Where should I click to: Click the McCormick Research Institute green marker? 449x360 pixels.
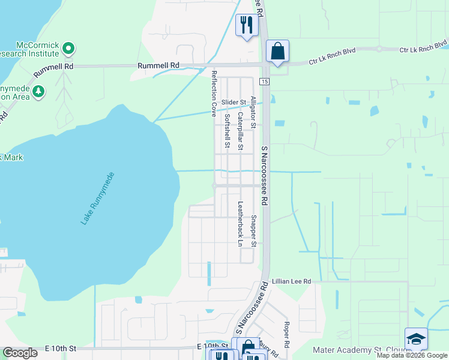click(68, 47)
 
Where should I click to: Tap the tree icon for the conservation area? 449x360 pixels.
click(38, 91)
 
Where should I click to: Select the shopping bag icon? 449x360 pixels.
click(277, 51)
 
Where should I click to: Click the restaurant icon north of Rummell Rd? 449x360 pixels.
click(246, 25)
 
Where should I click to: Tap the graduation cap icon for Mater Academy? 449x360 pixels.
click(416, 339)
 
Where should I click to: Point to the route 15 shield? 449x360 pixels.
click(264, 81)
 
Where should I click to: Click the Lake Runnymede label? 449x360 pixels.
click(97, 199)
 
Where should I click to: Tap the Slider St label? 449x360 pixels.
click(234, 103)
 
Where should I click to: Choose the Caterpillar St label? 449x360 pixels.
click(240, 131)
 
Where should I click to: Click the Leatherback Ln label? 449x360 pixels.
click(240, 224)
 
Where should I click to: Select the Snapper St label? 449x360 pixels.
click(253, 231)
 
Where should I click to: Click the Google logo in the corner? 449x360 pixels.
click(20, 353)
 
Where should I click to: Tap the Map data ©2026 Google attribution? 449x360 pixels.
click(412, 355)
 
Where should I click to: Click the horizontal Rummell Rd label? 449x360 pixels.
click(158, 65)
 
